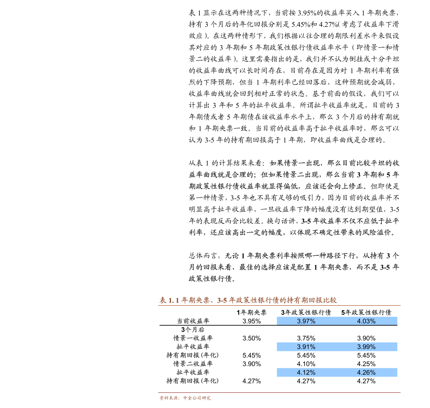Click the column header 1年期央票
point(251,312)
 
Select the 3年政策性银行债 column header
point(306,312)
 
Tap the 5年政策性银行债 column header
point(366,312)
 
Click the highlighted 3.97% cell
point(306,321)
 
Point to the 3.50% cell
point(251,338)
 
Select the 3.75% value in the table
point(306,338)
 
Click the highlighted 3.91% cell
point(306,347)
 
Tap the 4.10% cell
point(306,364)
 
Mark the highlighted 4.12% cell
point(306,373)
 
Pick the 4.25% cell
point(366,364)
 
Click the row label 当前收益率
point(193,321)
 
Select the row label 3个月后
point(193,330)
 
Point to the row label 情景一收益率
point(193,338)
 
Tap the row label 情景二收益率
point(193,364)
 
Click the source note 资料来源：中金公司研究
point(185,398)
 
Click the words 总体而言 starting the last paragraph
point(203,256)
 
